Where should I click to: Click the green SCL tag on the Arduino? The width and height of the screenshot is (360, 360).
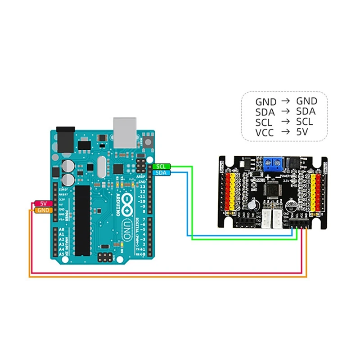click(161, 166)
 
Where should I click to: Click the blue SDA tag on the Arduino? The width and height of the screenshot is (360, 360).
click(161, 173)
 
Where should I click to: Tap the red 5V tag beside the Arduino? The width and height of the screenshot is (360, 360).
click(43, 203)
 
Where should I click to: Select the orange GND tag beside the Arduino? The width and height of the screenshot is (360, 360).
click(43, 210)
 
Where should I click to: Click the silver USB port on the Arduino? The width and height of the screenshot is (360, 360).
click(125, 132)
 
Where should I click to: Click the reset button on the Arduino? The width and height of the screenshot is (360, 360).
click(148, 142)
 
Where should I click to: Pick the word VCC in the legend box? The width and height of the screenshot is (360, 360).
click(265, 132)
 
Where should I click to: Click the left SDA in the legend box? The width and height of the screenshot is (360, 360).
click(265, 112)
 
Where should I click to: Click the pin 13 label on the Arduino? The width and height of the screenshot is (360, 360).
click(143, 186)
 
